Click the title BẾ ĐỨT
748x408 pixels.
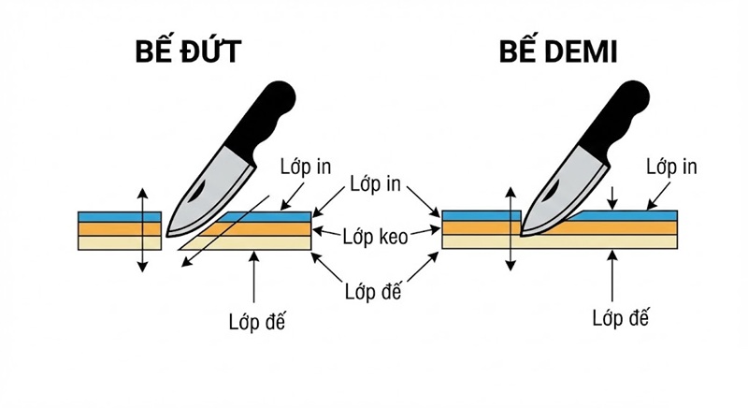point(184,51)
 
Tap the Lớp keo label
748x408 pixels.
point(374,237)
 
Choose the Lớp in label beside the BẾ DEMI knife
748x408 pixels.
point(671,167)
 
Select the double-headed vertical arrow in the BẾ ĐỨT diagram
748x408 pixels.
point(142,229)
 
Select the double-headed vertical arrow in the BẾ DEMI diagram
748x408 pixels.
point(510,229)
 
